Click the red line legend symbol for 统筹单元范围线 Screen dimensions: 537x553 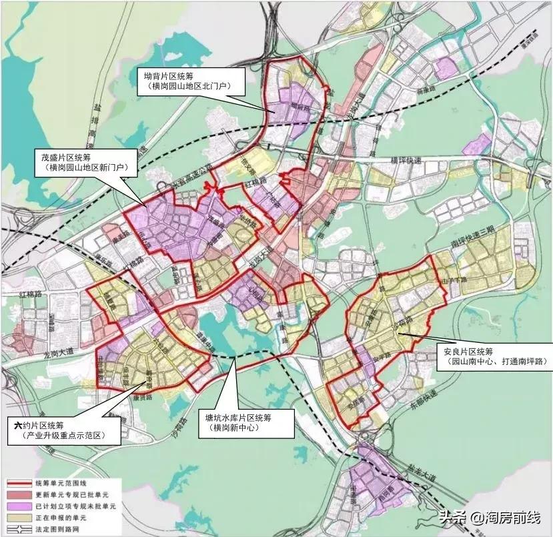[22, 482]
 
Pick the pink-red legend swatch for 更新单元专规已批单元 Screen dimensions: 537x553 [22, 493]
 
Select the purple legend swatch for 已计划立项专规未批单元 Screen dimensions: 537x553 [22, 504]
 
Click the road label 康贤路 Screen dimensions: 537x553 [154, 396]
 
